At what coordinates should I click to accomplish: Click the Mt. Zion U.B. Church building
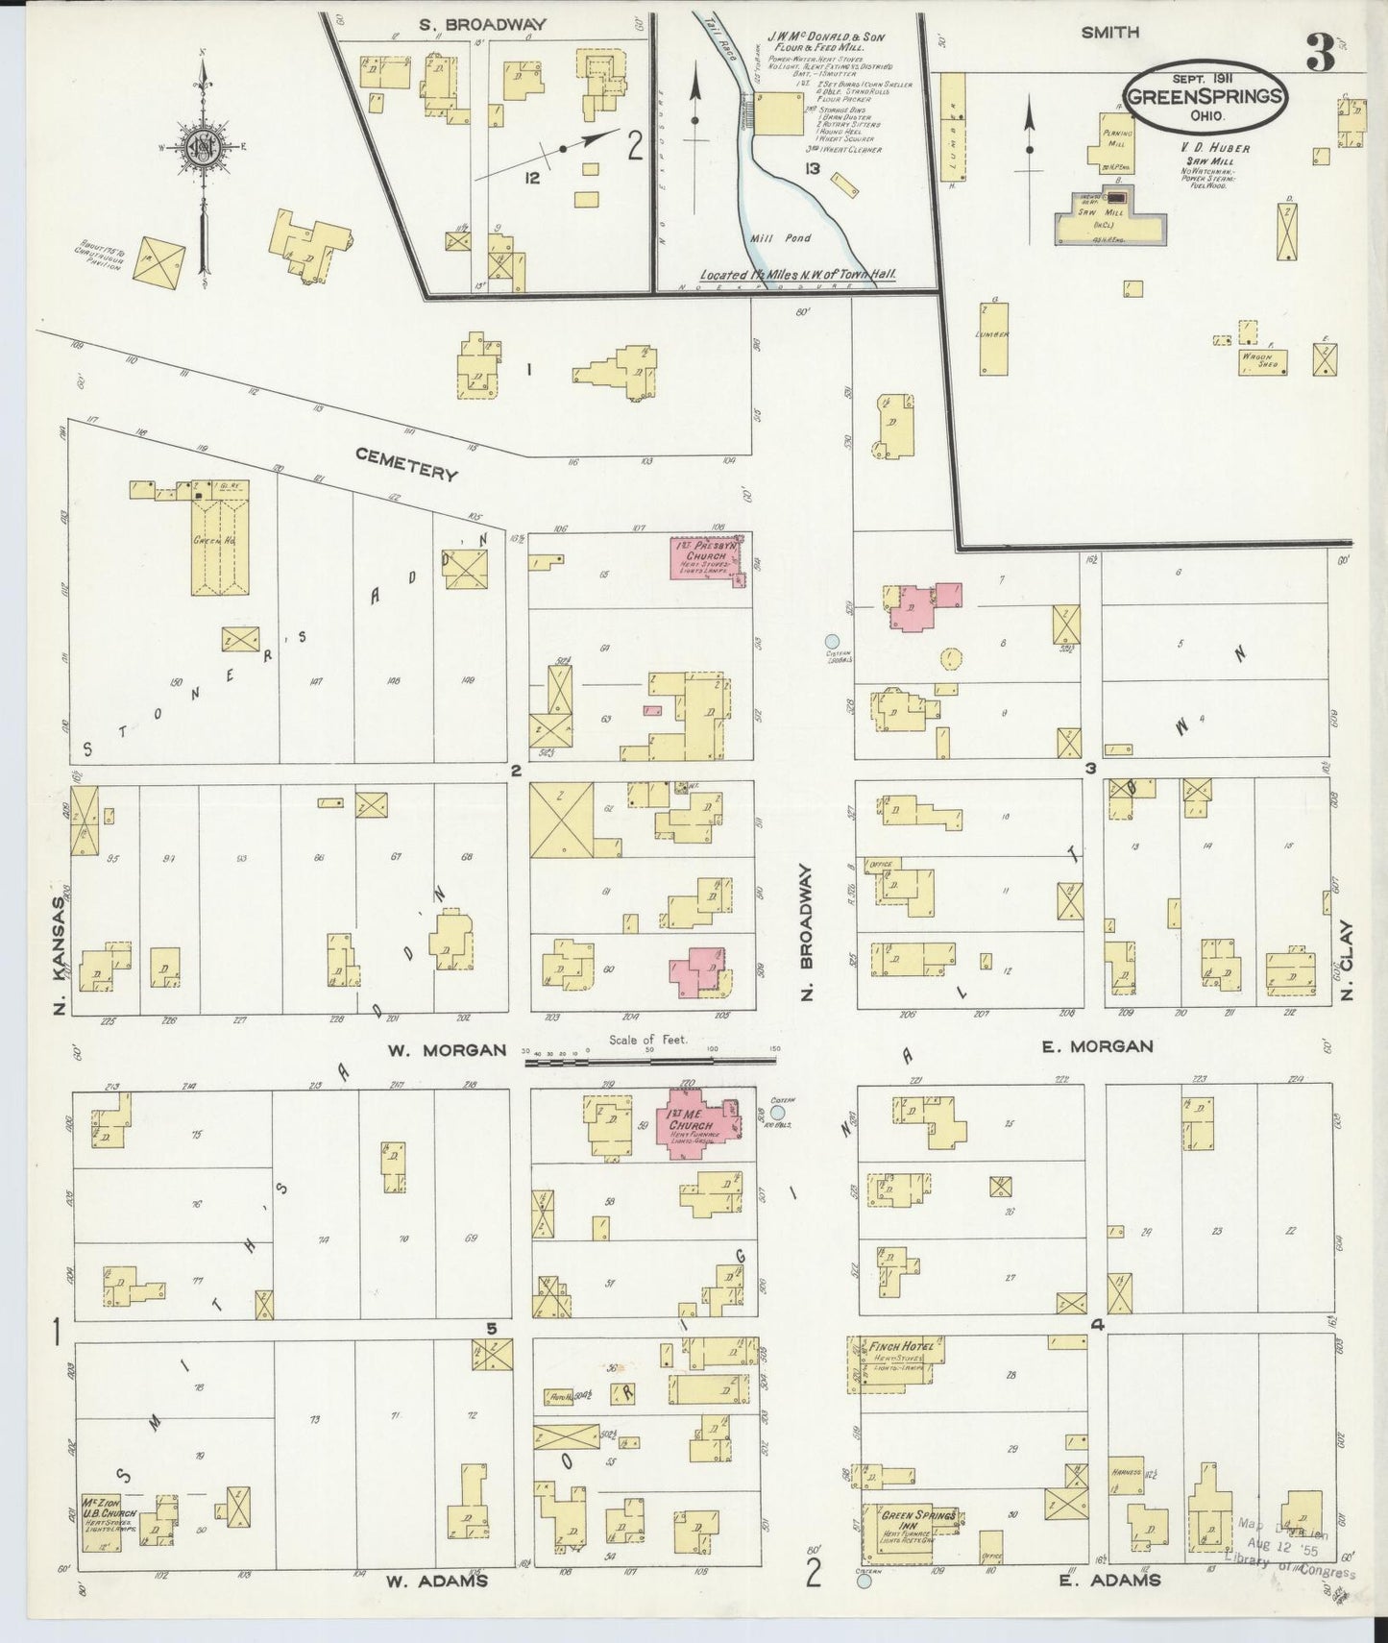pyautogui.click(x=108, y=1521)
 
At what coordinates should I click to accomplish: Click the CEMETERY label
pyautogui.click(x=406, y=464)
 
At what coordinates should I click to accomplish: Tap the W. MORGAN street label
pyautogui.click(x=446, y=1050)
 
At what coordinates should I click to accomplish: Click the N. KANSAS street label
pyautogui.click(x=60, y=955)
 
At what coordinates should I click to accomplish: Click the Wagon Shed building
pyautogui.click(x=1261, y=361)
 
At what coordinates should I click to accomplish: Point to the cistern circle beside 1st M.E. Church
pyautogui.click(x=777, y=1113)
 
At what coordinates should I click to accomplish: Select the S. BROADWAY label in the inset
pyautogui.click(x=483, y=24)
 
